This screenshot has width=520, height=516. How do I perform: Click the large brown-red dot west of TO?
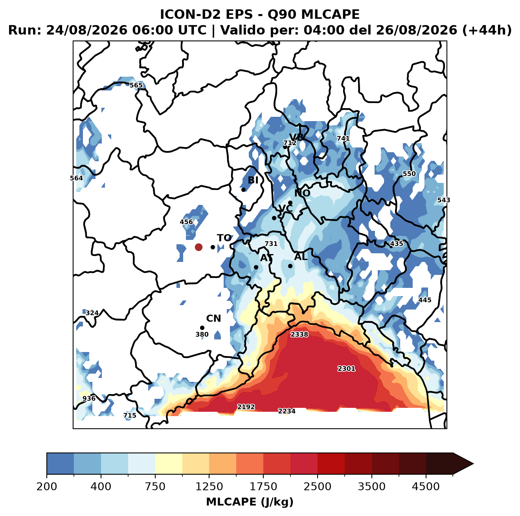(198, 247)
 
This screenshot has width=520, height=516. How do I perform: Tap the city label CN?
(213, 319)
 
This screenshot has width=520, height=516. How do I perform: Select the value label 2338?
(299, 335)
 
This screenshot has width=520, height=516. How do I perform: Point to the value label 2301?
(347, 369)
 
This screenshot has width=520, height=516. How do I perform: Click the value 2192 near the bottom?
(246, 407)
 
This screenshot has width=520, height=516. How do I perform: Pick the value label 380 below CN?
(202, 335)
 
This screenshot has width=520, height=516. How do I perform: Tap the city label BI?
(253, 180)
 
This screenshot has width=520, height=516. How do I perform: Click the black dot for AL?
(290, 266)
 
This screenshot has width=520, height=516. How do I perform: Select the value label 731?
(271, 244)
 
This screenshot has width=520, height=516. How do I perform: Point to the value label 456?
(186, 222)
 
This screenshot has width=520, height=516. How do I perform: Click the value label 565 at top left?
(136, 85)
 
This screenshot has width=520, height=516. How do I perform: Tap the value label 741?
(343, 138)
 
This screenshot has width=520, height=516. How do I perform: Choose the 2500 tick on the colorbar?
(318, 475)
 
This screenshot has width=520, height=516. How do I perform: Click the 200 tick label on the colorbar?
(47, 487)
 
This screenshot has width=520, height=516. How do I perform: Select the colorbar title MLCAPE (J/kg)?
(250, 502)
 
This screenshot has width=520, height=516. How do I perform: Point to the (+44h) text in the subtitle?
(487, 30)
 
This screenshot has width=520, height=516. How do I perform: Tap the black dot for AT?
(256, 267)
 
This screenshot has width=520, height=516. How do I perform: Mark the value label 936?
(89, 398)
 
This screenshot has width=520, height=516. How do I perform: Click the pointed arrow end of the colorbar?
(473, 464)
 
